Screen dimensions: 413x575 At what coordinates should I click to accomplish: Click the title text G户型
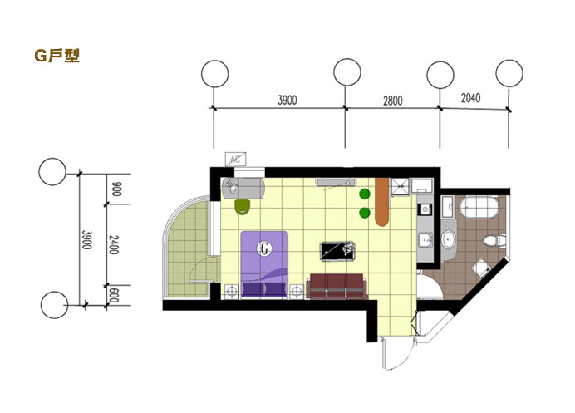(x=57, y=57)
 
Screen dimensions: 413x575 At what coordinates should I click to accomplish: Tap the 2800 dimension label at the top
(x=392, y=101)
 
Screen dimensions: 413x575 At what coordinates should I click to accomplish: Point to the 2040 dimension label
(x=470, y=98)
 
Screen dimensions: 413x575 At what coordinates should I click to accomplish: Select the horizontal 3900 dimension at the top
(x=287, y=101)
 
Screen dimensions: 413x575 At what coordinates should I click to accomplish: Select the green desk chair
(x=243, y=205)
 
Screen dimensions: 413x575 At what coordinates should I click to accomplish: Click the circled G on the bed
(x=265, y=247)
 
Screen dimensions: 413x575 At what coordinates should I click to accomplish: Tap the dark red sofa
(x=336, y=286)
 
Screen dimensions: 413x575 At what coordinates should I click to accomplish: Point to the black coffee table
(x=340, y=248)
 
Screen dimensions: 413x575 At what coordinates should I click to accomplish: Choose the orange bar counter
(x=382, y=202)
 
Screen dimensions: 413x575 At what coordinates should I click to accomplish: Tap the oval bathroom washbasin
(x=450, y=239)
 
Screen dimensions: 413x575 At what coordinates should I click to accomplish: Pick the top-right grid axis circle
(x=509, y=73)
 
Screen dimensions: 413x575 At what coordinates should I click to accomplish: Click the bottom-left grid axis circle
(x=53, y=305)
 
